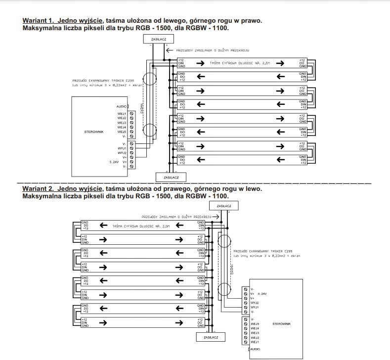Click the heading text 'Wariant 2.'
coord(39,189)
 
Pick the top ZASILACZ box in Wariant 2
coord(224,206)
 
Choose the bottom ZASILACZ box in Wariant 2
coord(210,337)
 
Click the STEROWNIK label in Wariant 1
coord(93,132)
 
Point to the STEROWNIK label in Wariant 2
coord(281,324)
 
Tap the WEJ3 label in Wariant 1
coord(122,123)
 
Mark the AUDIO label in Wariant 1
coord(122,106)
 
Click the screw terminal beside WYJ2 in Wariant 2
coord(246,303)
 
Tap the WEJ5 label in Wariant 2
coord(255,323)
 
